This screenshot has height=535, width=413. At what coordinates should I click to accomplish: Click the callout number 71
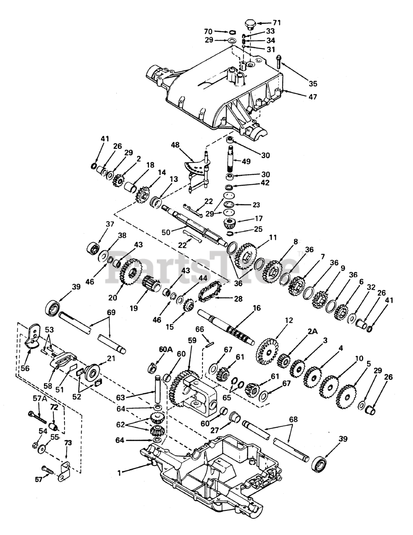[276, 23]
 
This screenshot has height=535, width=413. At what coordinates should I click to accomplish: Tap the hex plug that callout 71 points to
[250, 25]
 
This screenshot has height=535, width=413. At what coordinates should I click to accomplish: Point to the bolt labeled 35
[278, 61]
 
